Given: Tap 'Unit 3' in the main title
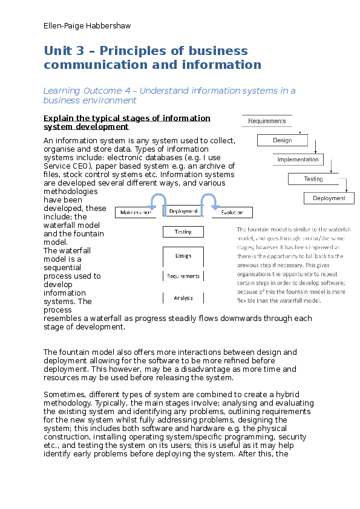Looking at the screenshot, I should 65,51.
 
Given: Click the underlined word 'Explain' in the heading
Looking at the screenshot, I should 61,118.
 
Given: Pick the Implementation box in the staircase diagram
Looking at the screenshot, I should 298,160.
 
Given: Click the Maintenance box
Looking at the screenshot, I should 136,212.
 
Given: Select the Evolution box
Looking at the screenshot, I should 232,212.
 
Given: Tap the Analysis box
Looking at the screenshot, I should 183,297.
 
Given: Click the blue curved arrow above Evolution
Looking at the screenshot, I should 209,202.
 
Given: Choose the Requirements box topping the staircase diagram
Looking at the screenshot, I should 266,121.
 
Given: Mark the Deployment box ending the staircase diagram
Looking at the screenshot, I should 329,198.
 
